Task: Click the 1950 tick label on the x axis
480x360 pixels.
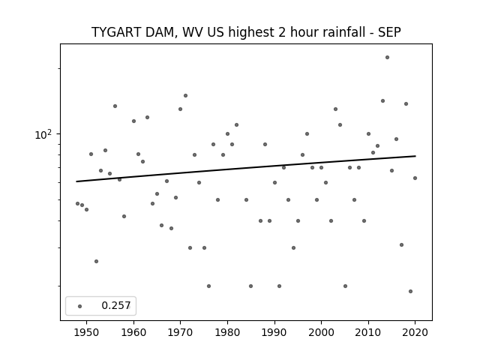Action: [x=87, y=332]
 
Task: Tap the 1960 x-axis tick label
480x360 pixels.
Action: [x=133, y=332]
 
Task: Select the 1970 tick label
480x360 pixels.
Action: [x=180, y=332]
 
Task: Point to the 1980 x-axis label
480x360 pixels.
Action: [x=227, y=332]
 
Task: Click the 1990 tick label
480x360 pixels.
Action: [x=274, y=332]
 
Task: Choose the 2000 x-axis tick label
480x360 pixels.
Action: [x=321, y=332]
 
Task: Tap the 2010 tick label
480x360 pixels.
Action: [x=368, y=332]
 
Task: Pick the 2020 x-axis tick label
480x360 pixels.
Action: [x=415, y=332]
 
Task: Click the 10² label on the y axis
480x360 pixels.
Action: [x=43, y=134]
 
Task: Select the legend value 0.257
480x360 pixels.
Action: [x=116, y=305]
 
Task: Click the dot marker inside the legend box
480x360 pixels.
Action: [x=80, y=306]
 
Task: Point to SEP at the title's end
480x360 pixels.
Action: [x=389, y=32]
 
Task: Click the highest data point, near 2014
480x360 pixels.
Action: [x=387, y=57]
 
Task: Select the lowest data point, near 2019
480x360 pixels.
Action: [x=410, y=291]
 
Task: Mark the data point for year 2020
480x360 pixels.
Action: [x=415, y=178]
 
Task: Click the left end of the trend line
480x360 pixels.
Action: [x=76, y=181]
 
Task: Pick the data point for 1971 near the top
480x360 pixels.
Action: [x=185, y=95]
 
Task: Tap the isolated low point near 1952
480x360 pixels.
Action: [x=96, y=261]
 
